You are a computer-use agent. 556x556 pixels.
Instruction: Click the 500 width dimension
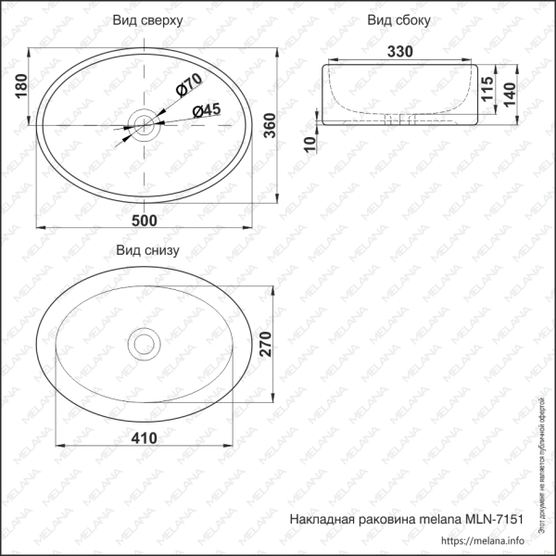point(145,220)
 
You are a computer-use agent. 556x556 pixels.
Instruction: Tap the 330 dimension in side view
point(398,52)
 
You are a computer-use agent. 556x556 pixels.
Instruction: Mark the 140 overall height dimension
point(508,93)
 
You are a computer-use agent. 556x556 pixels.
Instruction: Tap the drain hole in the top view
point(144,123)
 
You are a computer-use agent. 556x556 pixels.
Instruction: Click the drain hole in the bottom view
point(144,344)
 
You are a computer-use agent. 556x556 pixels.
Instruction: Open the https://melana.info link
point(484,542)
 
